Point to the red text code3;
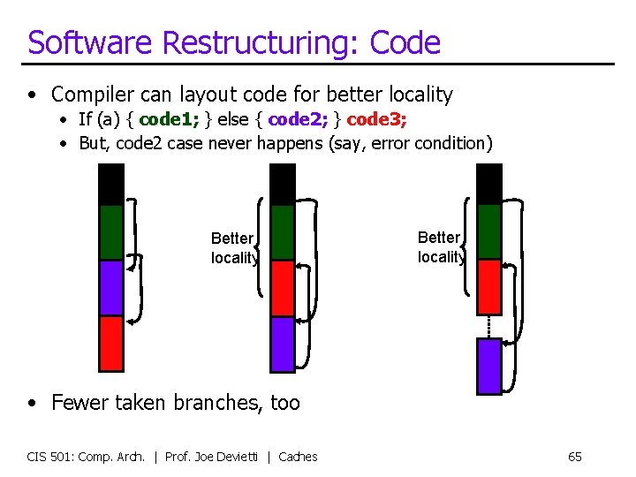point(378,118)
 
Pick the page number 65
point(574,457)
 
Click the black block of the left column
point(111,185)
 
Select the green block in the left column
point(111,232)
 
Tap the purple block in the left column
point(111,287)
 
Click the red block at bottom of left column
point(111,343)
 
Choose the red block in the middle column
point(282,288)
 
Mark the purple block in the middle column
point(282,344)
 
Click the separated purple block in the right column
point(488,366)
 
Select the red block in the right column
point(488,286)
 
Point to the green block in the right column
point(488,231)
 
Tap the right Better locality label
point(440,247)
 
